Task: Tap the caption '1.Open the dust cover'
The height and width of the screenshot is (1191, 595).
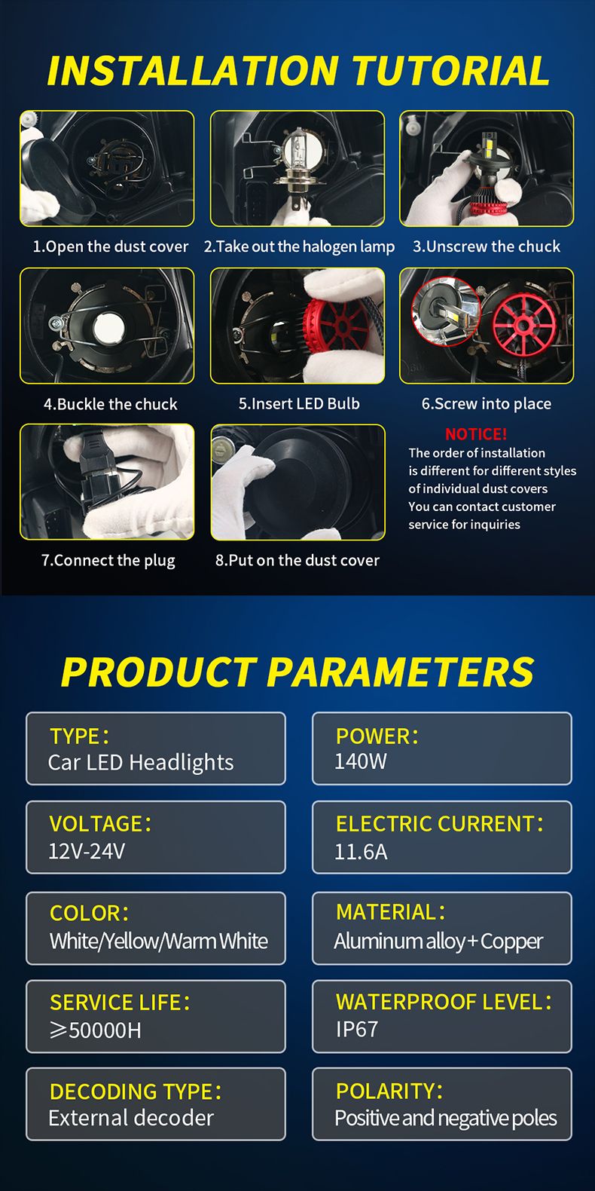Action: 111,246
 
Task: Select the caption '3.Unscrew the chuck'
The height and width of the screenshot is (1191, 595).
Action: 487,246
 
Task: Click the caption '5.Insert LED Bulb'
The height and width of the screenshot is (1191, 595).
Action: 299,403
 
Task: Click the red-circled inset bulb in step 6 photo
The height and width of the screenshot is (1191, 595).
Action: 445,311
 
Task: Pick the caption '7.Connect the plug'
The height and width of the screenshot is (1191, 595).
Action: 108,561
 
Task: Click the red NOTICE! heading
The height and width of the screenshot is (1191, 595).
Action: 476,434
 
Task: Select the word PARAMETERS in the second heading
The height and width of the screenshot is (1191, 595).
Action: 400,672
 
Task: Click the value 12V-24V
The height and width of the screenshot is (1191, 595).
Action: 87,851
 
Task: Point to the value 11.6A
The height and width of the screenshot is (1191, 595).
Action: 361,852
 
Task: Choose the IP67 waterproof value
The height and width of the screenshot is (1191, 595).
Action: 356,1030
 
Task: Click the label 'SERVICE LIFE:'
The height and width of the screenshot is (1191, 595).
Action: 120,1003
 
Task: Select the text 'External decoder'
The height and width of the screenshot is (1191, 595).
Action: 131,1118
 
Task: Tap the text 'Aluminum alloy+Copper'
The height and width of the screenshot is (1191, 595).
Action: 438,941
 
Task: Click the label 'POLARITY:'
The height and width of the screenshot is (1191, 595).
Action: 389,1091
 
